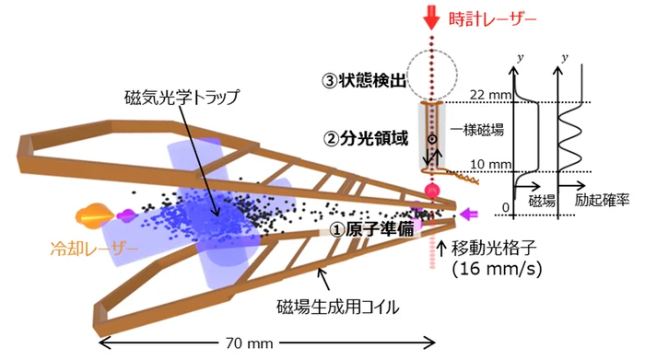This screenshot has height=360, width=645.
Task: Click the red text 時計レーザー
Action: pyautogui.click(x=492, y=19)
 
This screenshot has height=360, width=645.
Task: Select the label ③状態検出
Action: pyautogui.click(x=364, y=80)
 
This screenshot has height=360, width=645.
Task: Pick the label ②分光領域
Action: pyautogui.click(x=366, y=138)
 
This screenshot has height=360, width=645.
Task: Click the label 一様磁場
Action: pyautogui.click(x=477, y=130)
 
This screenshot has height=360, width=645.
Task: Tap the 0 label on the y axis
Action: pyautogui.click(x=506, y=208)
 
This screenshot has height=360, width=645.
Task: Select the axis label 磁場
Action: pyautogui.click(x=542, y=201)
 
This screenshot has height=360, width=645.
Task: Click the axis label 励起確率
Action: pyautogui.click(x=602, y=200)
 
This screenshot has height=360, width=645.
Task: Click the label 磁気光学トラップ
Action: pyautogui.click(x=182, y=98)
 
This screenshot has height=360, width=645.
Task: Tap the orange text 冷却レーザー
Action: pyautogui.click(x=94, y=249)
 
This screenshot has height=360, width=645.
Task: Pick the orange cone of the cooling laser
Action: pyautogui.click(x=95, y=215)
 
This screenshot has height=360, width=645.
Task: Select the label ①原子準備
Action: pyautogui.click(x=372, y=229)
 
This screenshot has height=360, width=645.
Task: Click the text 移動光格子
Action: pyautogui.click(x=494, y=248)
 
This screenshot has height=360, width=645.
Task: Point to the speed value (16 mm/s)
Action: pyautogui.click(x=497, y=269)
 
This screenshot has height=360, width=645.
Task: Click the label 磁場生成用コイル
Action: pyautogui.click(x=338, y=307)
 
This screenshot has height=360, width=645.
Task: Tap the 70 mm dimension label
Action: pyautogui.click(x=250, y=343)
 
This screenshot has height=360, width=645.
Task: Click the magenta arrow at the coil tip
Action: pyautogui.click(x=468, y=215)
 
